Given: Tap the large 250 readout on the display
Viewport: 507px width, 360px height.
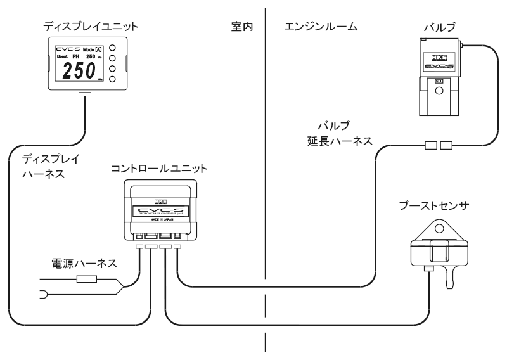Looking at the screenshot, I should (78, 71).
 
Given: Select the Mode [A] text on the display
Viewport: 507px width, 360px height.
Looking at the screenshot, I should (88, 49).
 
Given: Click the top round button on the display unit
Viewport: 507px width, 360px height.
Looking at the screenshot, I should (112, 48).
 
